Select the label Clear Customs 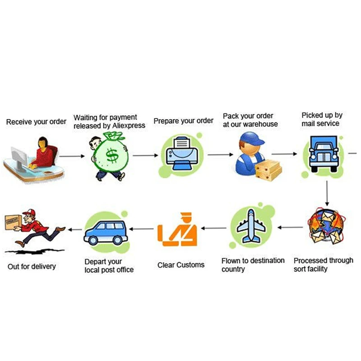coord(181,265)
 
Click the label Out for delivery coord(32,266)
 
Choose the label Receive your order coord(36,122)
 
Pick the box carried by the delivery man coord(12,220)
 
